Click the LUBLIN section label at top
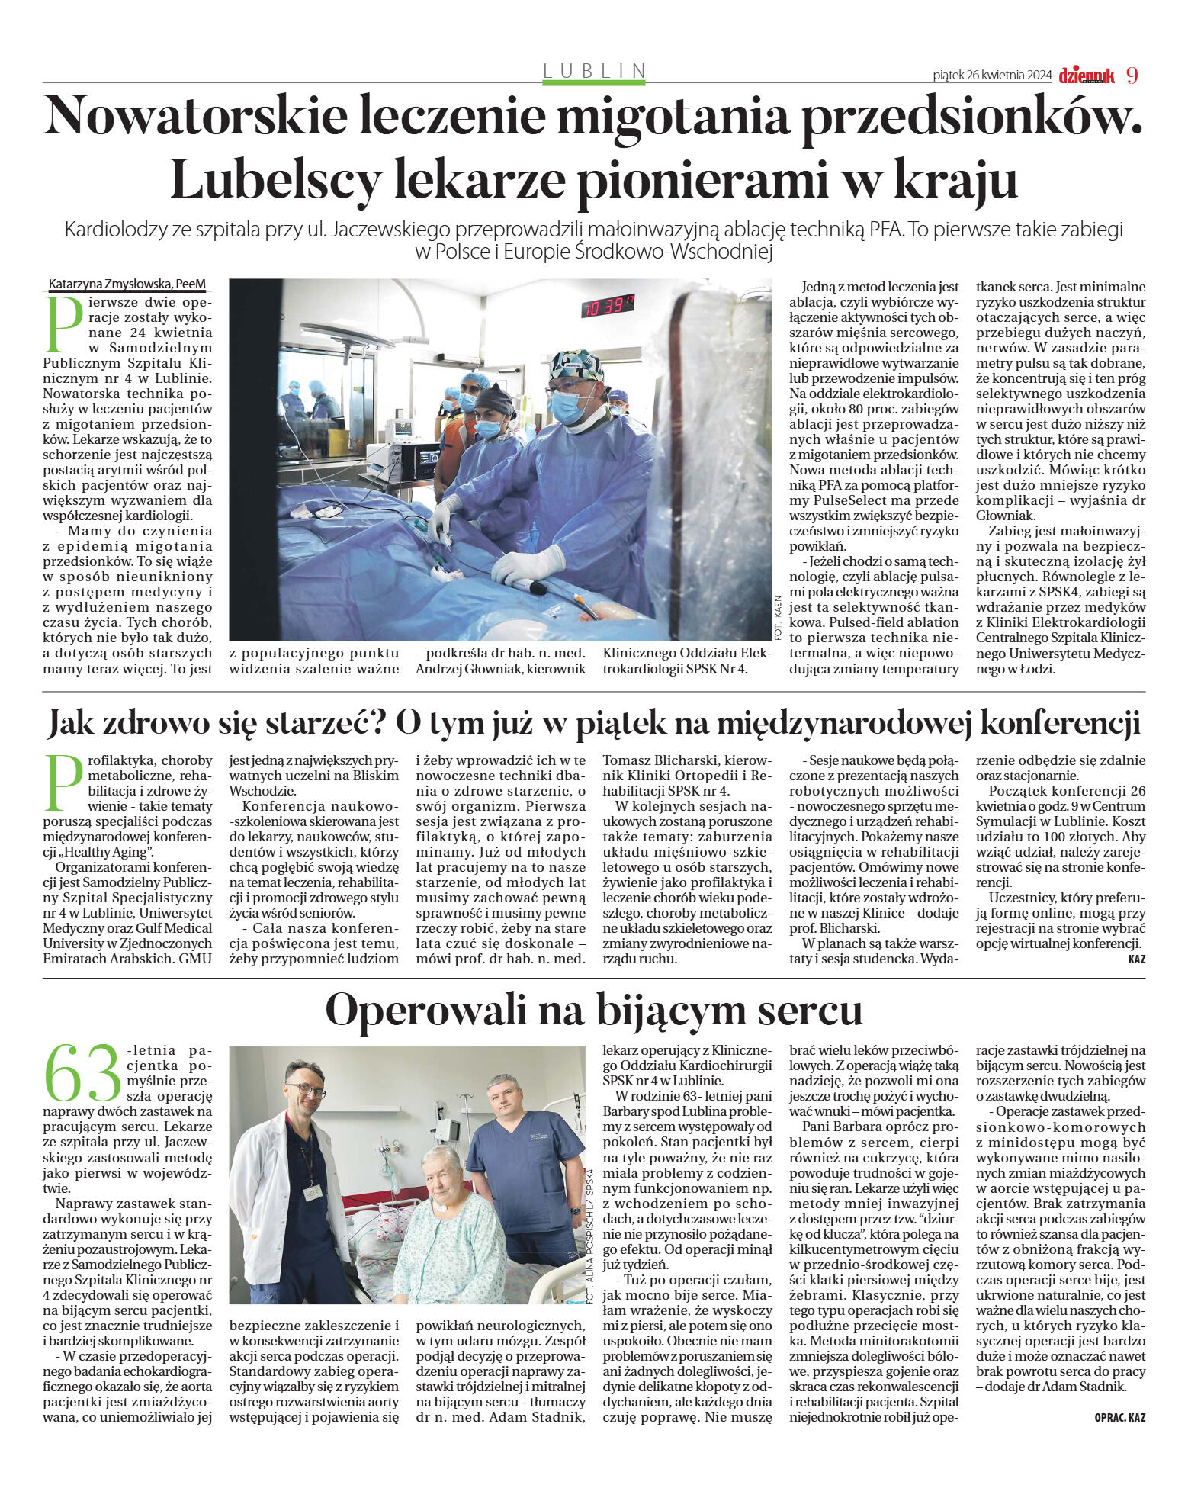594,71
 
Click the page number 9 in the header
1132,75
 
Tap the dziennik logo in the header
1086,75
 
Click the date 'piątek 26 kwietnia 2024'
992,76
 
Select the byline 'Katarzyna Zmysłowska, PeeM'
127,284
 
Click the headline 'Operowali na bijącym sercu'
593,1009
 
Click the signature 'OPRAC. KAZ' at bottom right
1119,1417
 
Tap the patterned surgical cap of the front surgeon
576,365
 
